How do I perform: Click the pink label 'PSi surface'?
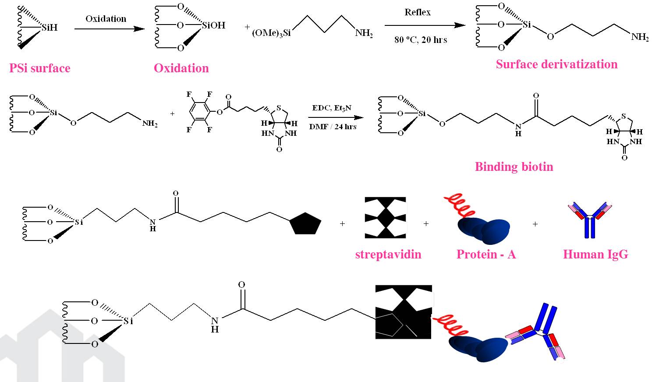pyautogui.click(x=39, y=68)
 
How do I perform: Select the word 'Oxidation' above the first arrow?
pyautogui.click(x=106, y=19)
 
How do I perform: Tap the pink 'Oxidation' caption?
pyautogui.click(x=181, y=68)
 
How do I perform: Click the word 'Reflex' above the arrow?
pyautogui.click(x=417, y=12)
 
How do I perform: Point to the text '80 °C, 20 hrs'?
pyautogui.click(x=420, y=40)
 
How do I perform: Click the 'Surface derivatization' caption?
pyautogui.click(x=556, y=64)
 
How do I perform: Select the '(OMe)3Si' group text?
pyautogui.click(x=271, y=33)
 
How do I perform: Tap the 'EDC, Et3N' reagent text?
pyautogui.click(x=332, y=108)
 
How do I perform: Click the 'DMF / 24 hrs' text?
pyautogui.click(x=333, y=127)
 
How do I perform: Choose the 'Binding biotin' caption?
pyautogui.click(x=514, y=167)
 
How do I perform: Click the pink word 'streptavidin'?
pyautogui.click(x=388, y=255)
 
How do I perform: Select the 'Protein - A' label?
pyautogui.click(x=486, y=255)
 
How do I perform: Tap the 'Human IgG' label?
pyautogui.click(x=595, y=255)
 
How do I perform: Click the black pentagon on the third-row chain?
pyautogui.click(x=305, y=224)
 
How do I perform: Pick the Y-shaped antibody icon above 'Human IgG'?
pyautogui.click(x=589, y=219)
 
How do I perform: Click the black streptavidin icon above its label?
pyautogui.click(x=385, y=218)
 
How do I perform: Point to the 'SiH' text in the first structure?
pyautogui.click(x=49, y=28)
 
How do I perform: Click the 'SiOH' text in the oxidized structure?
pyautogui.click(x=213, y=25)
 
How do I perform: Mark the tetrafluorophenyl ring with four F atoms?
pyautogui.click(x=201, y=112)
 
